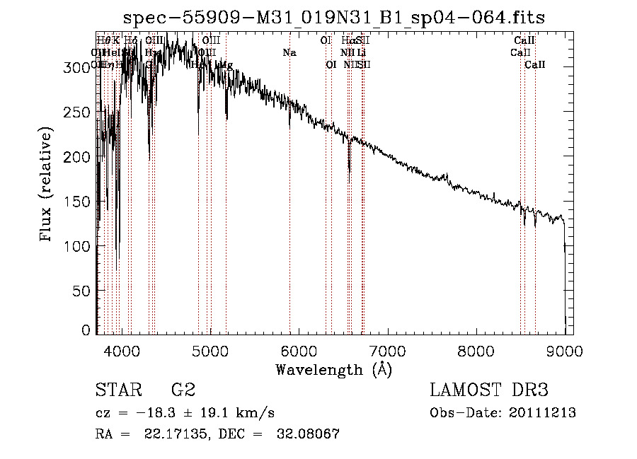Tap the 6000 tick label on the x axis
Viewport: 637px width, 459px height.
click(x=299, y=351)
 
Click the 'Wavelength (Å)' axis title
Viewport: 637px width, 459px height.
click(x=333, y=369)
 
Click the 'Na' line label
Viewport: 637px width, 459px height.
click(x=289, y=53)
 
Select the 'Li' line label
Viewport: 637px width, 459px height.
click(x=361, y=53)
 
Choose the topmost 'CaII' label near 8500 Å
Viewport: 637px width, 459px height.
click(x=524, y=41)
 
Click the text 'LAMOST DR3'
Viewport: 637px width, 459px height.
click(x=488, y=390)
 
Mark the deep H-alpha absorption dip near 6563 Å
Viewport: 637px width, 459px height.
click(x=349, y=164)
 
